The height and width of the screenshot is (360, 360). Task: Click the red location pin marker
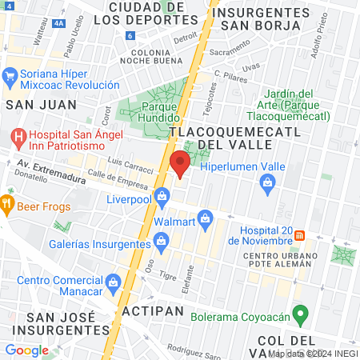pos(179,164)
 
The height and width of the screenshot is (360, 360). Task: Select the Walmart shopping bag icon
pos(206,218)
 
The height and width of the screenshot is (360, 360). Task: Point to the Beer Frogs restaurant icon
pos(8,203)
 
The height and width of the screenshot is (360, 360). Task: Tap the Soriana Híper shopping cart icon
pos(10,77)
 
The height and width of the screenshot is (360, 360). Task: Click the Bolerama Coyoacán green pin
pos(300,313)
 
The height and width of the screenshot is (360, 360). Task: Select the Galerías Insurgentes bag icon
pos(162,240)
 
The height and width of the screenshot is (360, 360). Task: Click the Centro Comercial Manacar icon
pos(114,282)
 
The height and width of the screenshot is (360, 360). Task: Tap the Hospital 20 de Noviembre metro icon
pos(300,235)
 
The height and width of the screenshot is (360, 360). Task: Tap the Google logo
pos(26,350)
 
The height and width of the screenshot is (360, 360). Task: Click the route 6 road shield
pos(130,35)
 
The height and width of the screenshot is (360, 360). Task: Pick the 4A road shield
pos(58,24)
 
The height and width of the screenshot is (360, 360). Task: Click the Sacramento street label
pos(233,51)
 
